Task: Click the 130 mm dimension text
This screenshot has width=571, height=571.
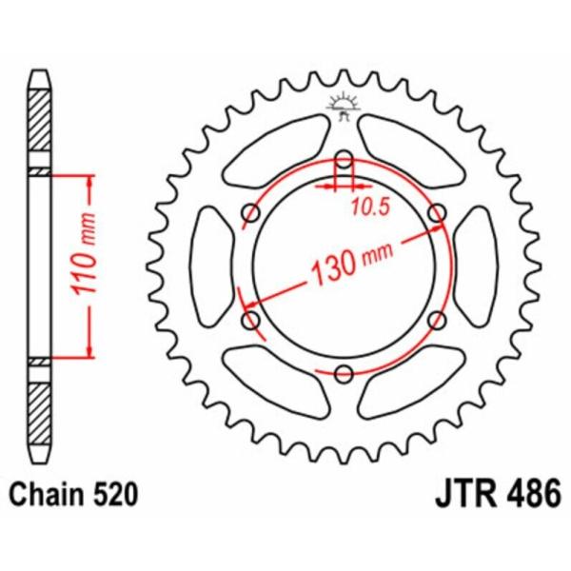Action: click(351, 262)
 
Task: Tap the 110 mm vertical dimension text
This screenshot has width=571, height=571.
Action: click(84, 254)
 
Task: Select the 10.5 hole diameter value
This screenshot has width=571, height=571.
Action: click(371, 207)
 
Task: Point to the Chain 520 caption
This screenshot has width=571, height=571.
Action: click(73, 495)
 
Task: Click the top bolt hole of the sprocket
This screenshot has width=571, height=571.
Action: click(344, 159)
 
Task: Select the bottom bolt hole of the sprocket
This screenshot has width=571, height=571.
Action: click(344, 373)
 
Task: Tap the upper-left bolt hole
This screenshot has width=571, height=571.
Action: click(251, 212)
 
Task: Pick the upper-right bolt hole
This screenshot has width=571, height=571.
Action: click(437, 212)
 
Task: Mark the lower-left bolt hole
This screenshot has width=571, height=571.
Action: click(251, 320)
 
